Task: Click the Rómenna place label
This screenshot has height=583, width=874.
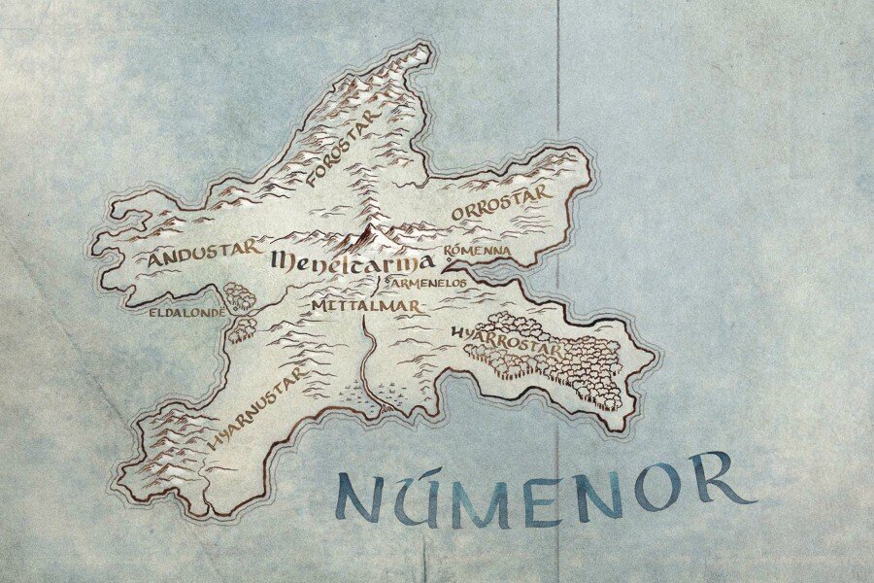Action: pyautogui.click(x=477, y=251)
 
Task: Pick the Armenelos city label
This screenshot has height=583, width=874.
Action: pyautogui.click(x=428, y=283)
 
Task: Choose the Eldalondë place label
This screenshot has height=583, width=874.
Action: pyautogui.click(x=186, y=313)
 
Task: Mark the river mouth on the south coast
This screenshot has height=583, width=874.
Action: pyautogui.click(x=383, y=412)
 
